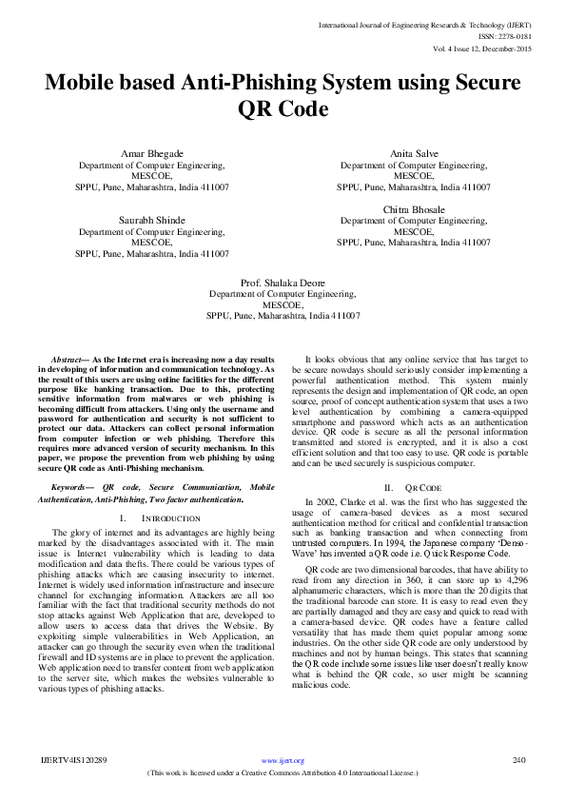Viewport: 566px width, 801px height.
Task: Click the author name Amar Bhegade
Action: [152, 154]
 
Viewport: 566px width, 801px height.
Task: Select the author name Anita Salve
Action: [414, 154]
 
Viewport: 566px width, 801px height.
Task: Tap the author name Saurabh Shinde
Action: [152, 220]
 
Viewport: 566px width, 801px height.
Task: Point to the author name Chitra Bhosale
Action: [414, 208]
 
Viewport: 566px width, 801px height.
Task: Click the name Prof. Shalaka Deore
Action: [283, 283]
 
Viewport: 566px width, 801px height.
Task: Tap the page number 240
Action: [519, 760]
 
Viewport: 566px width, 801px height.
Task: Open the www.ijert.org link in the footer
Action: [283, 761]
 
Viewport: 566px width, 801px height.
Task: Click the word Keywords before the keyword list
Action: [72, 486]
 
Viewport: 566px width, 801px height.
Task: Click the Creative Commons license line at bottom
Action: [283, 773]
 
